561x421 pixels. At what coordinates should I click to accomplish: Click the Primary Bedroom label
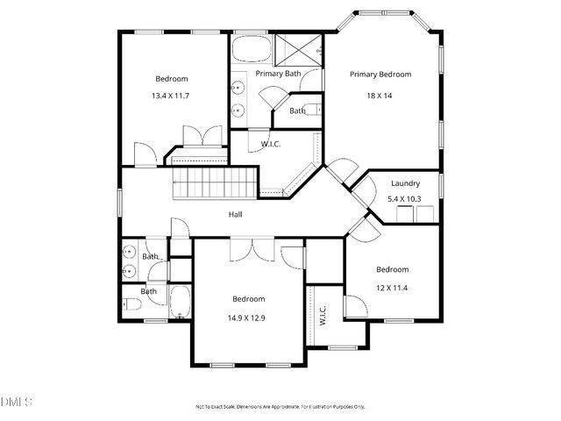[x=380, y=75]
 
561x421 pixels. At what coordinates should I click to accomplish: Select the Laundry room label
[x=405, y=183]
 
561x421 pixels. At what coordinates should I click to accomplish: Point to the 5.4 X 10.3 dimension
[x=405, y=199]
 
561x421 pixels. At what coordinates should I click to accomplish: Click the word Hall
[x=236, y=214]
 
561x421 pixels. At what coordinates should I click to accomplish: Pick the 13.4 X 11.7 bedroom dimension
[x=172, y=96]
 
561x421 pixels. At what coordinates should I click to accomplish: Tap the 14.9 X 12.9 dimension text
[x=248, y=317]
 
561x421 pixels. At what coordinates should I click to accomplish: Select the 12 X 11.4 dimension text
[x=392, y=287]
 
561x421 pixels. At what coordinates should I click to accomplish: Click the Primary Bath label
[x=278, y=74]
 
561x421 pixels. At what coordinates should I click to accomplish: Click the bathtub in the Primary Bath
[x=252, y=46]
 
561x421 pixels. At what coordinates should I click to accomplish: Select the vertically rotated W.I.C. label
[x=323, y=316]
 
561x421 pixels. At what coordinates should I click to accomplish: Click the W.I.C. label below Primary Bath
[x=271, y=144]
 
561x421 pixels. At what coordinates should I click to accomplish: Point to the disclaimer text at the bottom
[x=280, y=407]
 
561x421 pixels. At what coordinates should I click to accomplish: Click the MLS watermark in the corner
[x=16, y=403]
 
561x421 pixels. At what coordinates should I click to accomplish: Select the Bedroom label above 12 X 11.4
[x=392, y=269]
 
